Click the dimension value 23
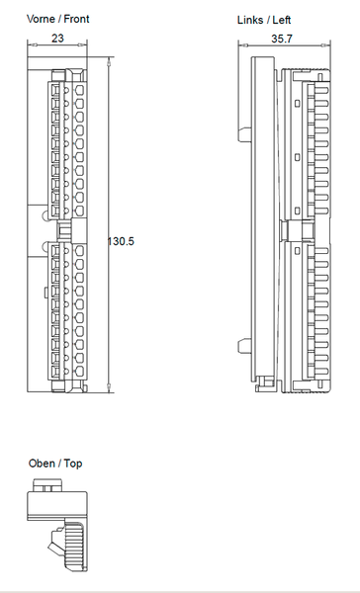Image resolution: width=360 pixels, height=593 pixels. coord(57,40)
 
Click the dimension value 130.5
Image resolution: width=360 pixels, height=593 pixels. coord(121,241)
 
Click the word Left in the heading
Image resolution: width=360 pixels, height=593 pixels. coord(281,20)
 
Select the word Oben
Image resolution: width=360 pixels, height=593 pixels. coord(42,464)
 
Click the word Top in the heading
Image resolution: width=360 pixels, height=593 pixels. coord(73,464)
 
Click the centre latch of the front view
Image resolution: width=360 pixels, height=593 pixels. coord(64,230)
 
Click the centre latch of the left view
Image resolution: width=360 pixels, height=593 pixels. coord(287,230)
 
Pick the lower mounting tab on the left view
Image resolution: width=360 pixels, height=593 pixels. coord(243,345)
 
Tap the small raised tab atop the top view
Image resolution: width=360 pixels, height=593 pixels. coord(47,485)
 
